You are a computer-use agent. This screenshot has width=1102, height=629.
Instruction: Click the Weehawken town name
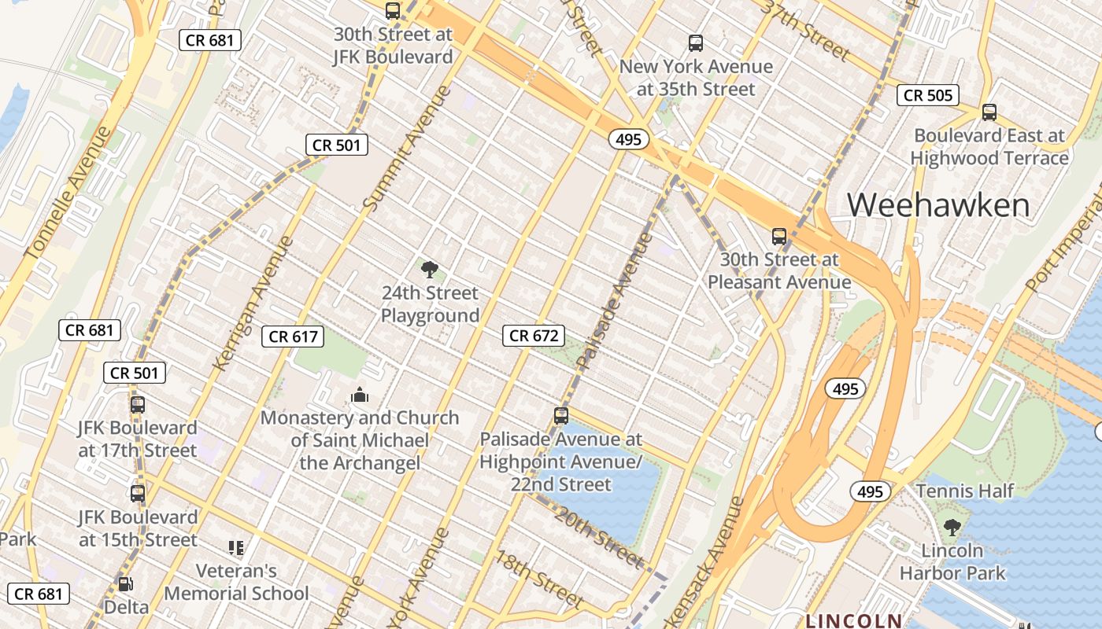pyautogui.click(x=938, y=205)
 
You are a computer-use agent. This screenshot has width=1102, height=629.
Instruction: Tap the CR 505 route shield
pyautogui.click(x=928, y=95)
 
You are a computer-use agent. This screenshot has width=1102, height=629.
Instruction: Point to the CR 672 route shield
pyautogui.click(x=534, y=336)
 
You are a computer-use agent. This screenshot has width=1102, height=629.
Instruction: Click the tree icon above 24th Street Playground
pyautogui.click(x=429, y=270)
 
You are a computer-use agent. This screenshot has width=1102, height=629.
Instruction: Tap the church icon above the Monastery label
pyautogui.click(x=360, y=395)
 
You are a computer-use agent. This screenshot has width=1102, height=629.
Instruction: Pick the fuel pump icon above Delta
pyautogui.click(x=125, y=584)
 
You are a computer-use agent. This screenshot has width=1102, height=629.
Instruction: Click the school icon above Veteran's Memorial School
pyautogui.click(x=235, y=547)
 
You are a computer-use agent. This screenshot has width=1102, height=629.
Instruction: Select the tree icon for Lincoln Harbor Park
pyautogui.click(x=952, y=527)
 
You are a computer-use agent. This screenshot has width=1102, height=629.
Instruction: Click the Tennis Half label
pyautogui.click(x=965, y=491)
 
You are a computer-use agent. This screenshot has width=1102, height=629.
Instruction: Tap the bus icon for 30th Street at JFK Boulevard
pyautogui.click(x=392, y=11)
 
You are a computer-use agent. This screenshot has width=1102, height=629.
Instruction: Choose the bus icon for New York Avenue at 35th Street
pyautogui.click(x=695, y=43)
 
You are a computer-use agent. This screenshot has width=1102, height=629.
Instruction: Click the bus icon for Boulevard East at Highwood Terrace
pyautogui.click(x=989, y=112)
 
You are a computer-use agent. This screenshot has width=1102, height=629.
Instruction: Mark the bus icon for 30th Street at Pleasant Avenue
pyautogui.click(x=778, y=236)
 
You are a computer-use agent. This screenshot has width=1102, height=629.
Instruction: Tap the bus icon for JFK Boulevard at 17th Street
pyautogui.click(x=137, y=405)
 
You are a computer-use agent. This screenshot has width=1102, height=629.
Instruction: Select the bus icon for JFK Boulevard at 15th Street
pyautogui.click(x=137, y=494)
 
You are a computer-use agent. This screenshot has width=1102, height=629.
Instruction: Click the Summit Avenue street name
pyautogui.click(x=408, y=148)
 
